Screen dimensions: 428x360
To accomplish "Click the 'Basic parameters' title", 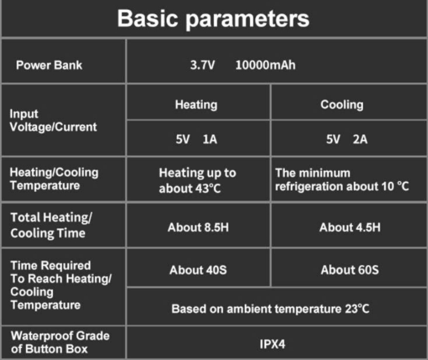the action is coord(213,19).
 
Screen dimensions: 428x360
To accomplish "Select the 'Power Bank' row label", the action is coord(49,65).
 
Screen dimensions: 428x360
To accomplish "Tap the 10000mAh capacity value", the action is coord(265,65).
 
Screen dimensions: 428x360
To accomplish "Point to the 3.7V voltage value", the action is coord(202,65).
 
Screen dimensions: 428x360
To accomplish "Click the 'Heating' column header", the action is coord(197,105).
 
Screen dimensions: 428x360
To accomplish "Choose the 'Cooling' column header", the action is coord(342,105).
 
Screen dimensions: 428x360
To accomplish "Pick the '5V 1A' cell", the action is coord(197,139).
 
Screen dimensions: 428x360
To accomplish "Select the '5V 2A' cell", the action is coord(347,139).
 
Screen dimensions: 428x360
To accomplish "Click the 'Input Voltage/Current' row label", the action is coord(53,120).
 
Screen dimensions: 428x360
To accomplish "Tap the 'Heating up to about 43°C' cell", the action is coord(198,180).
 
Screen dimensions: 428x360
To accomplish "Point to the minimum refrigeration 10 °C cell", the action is coord(342,180).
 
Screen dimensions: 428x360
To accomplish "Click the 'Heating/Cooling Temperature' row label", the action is coord(54,179).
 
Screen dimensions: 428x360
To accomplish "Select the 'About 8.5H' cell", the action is coord(198,228).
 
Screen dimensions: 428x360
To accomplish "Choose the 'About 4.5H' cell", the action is coord(350,228).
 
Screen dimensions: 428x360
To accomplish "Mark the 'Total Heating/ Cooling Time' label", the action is coord(51,226).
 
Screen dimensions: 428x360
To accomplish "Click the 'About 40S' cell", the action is coord(198,270).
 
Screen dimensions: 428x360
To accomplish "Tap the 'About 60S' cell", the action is coord(350,270).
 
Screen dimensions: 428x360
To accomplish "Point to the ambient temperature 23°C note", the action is coord(271,309).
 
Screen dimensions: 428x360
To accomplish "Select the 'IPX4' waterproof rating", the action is coord(272,344).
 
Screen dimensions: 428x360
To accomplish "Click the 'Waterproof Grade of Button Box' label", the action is coord(60,342).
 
